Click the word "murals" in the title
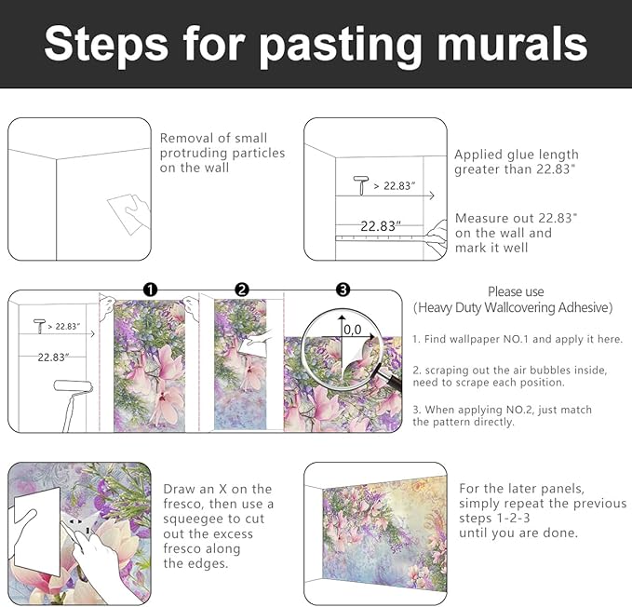(512, 44)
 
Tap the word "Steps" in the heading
(106, 45)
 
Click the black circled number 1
(151, 290)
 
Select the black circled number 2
(242, 290)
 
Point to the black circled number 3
(343, 290)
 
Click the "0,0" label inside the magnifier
(353, 330)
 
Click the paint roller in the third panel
(73, 404)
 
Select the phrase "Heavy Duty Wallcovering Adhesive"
(513, 307)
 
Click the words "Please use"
(516, 291)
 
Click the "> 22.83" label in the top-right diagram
(395, 186)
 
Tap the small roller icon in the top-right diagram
(361, 185)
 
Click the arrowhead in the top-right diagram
(432, 196)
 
